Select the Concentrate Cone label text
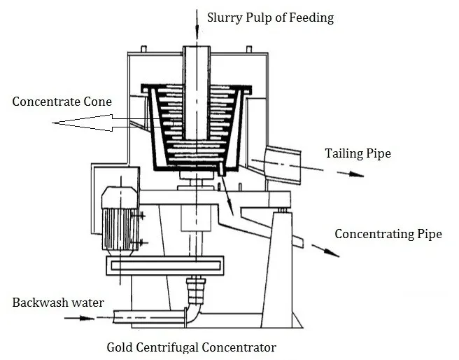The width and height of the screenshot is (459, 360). tap(62, 102)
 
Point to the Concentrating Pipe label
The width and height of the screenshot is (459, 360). tap(388, 234)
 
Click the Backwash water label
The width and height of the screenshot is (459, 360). tap(58, 303)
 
